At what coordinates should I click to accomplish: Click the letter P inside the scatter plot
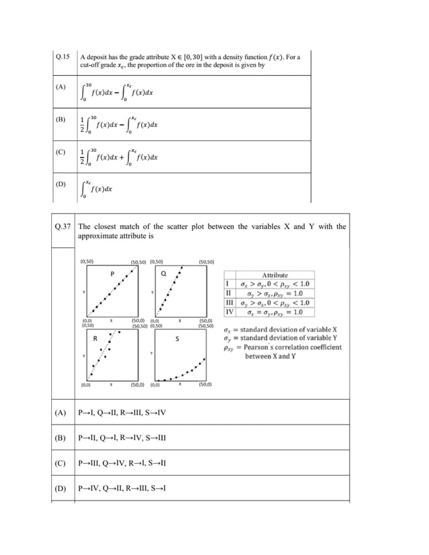(x=112, y=273)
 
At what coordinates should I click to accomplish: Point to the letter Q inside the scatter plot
(x=163, y=273)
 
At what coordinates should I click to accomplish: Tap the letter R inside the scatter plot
(x=95, y=338)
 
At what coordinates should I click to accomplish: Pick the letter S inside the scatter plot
(x=177, y=339)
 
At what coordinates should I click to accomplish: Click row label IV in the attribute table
(x=229, y=312)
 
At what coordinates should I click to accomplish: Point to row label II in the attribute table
(x=229, y=293)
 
